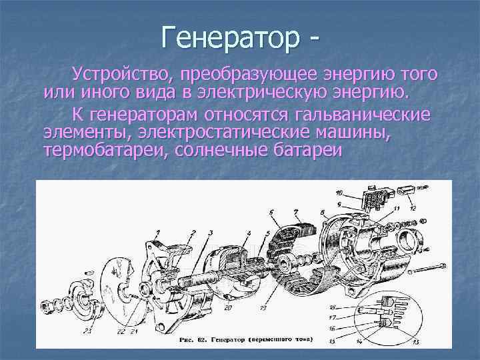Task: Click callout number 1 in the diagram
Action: click(157, 233)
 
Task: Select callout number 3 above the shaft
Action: click(210, 233)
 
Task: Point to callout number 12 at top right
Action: click(414, 208)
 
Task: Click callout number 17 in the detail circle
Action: click(333, 318)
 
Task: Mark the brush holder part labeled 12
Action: click(405, 190)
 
